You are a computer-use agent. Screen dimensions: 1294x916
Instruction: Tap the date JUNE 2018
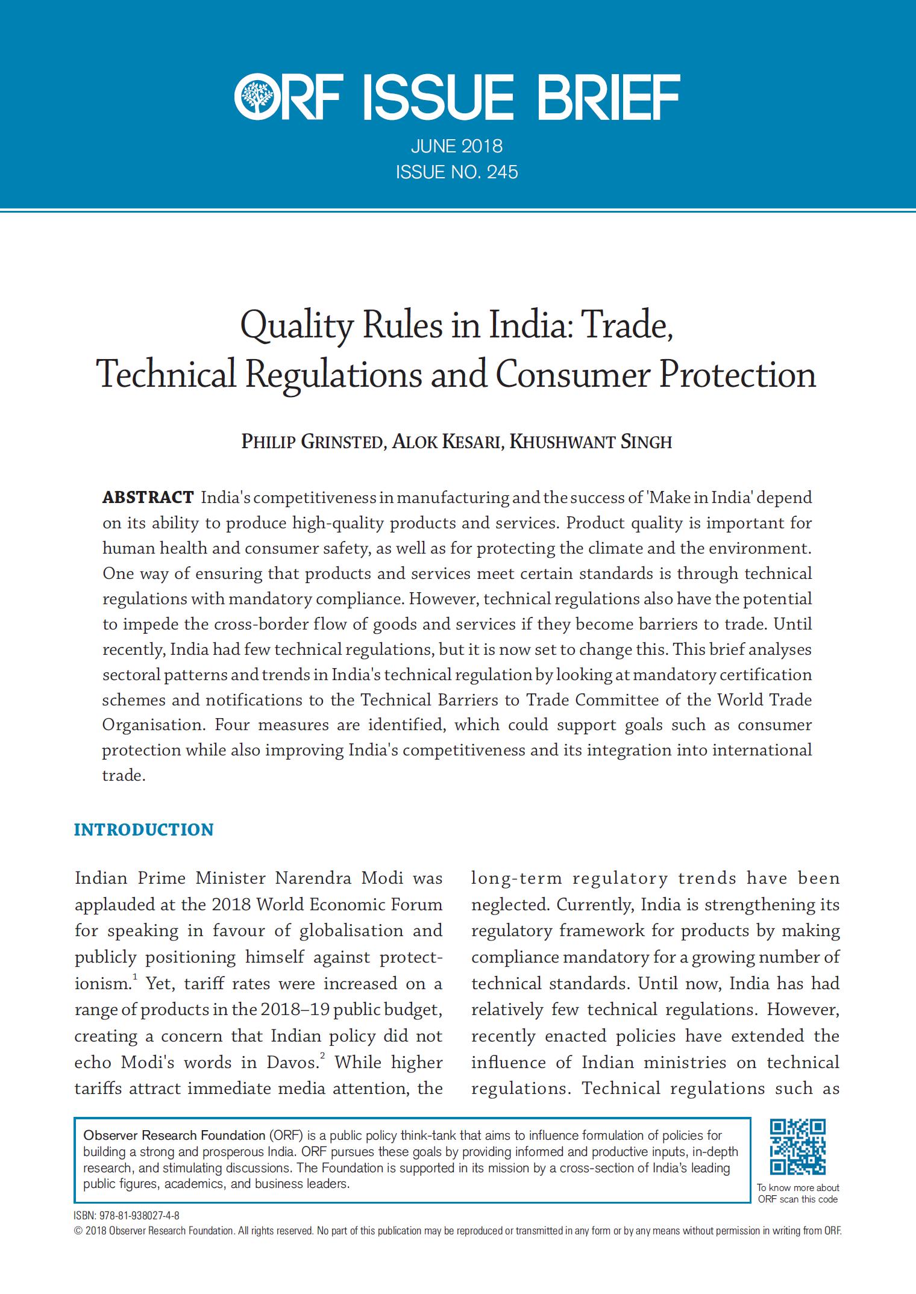click(x=457, y=146)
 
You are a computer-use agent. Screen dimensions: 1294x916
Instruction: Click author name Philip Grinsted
click(x=312, y=442)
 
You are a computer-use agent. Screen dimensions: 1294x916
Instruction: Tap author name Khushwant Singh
click(x=591, y=442)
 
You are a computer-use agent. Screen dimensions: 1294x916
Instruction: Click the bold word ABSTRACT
click(x=148, y=498)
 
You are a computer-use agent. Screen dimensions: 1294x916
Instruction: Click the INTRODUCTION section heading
click(x=143, y=830)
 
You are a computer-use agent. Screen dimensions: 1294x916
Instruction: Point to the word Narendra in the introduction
click(x=313, y=878)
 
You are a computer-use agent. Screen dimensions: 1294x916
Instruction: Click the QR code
click(x=798, y=1146)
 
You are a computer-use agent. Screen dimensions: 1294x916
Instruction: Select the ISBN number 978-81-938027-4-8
click(x=136, y=1216)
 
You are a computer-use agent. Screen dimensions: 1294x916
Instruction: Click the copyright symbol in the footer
click(x=78, y=1231)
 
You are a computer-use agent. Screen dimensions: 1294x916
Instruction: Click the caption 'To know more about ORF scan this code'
click(x=798, y=1193)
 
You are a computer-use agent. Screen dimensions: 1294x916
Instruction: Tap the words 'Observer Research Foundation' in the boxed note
click(x=174, y=1136)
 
